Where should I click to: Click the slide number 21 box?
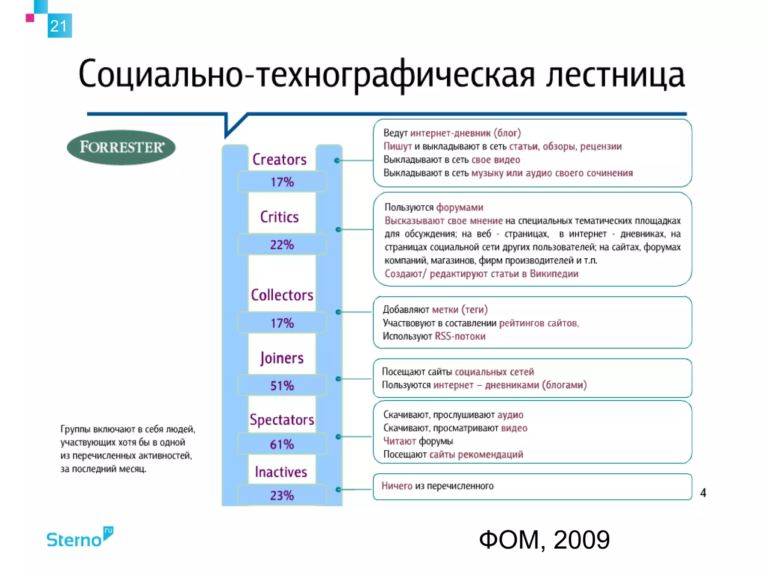tap(59, 26)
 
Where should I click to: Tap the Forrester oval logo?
tap(121, 147)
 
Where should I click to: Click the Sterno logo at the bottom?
tap(79, 538)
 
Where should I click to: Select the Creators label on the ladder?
tap(279, 160)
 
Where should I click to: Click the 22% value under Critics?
tap(282, 245)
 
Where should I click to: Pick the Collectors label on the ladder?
tap(282, 295)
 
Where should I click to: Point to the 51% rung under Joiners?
tap(282, 385)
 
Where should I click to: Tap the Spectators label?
tap(282, 420)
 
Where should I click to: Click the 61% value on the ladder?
tap(282, 444)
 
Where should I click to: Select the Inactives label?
tap(281, 472)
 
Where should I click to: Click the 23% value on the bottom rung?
tap(282, 495)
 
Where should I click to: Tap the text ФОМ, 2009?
tap(544, 540)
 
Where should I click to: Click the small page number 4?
tap(703, 493)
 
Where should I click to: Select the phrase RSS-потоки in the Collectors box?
tap(460, 336)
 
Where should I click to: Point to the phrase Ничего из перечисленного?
tap(437, 486)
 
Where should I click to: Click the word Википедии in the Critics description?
tap(554, 274)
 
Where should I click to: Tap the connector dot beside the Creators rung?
tap(337, 160)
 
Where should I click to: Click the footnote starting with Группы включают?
tap(127, 449)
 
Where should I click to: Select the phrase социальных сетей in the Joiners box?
tap(494, 372)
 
